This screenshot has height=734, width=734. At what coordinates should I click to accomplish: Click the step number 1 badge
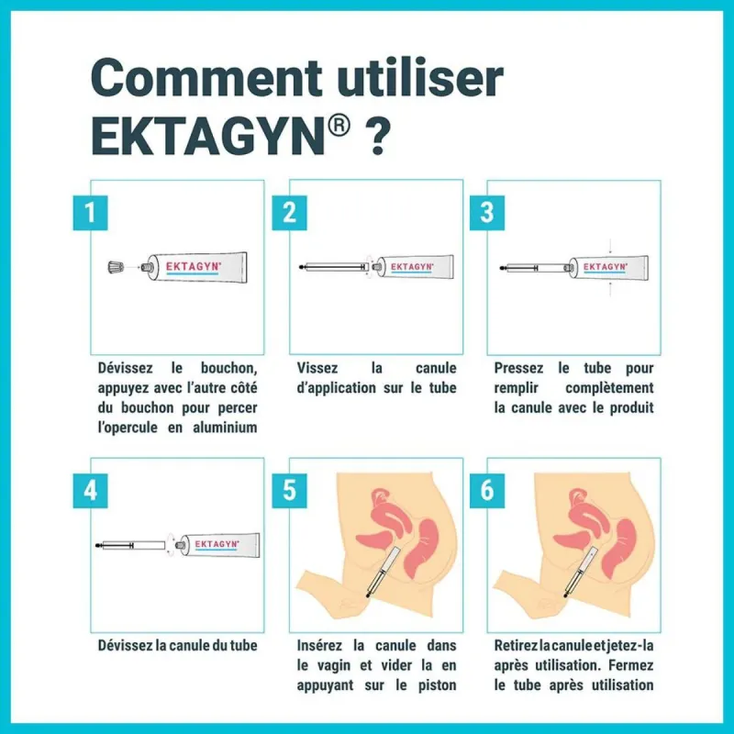click(x=90, y=213)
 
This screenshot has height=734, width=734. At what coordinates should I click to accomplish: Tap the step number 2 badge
click(x=289, y=213)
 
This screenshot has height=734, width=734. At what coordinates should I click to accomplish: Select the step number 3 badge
click(x=486, y=213)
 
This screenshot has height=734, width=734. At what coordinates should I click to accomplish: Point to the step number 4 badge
click(x=90, y=491)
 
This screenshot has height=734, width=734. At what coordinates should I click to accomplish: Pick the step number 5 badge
click(x=289, y=491)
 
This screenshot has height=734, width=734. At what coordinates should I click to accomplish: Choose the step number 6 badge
click(x=486, y=491)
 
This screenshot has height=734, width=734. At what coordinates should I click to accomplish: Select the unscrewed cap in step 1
click(x=115, y=267)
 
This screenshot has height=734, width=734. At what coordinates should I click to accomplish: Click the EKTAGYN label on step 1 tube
click(x=189, y=267)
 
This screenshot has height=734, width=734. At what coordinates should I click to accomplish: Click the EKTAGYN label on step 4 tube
click(x=217, y=544)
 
